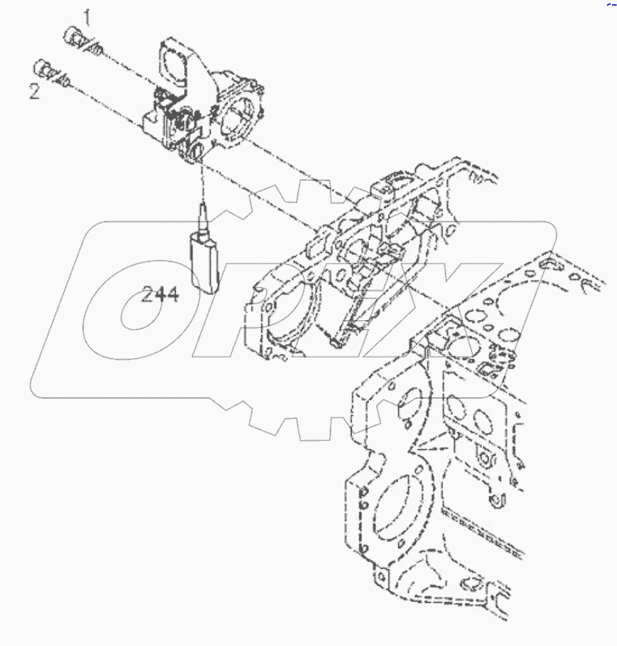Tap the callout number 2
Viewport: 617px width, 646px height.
coord(34,91)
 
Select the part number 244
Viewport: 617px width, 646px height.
coord(160,294)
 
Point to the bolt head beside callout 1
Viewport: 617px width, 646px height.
coord(72,36)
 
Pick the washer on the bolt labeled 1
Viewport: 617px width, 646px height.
coord(96,51)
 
